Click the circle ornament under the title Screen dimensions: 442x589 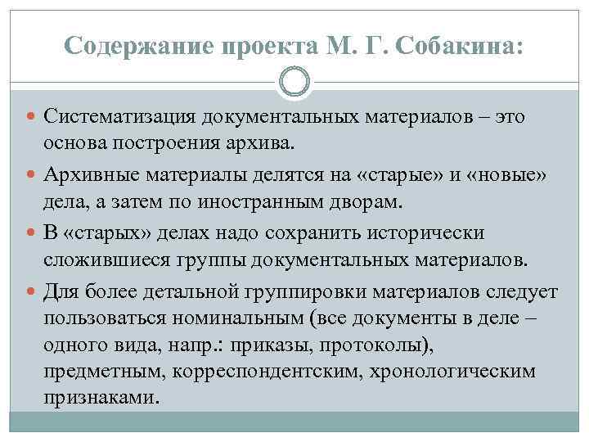pos(294,83)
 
